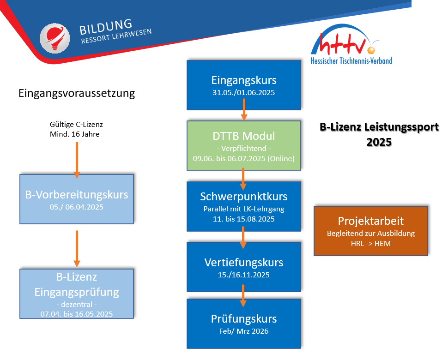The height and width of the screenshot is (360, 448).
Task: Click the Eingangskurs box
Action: click(x=243, y=85)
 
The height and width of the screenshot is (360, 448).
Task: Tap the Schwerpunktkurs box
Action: click(x=243, y=206)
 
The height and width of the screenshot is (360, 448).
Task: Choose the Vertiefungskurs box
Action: click(x=243, y=267)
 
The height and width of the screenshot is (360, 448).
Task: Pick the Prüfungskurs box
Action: click(x=243, y=324)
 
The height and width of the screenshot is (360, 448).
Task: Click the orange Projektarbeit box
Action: click(x=370, y=230)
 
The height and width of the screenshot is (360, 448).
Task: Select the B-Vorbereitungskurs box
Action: click(x=77, y=199)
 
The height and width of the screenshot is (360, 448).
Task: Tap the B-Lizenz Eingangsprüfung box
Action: click(x=77, y=294)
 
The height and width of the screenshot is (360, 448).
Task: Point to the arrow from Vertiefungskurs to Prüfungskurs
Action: click(x=243, y=295)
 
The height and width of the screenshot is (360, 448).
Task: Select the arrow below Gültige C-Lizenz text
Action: click(x=77, y=159)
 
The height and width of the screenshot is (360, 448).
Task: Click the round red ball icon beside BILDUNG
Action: click(x=54, y=38)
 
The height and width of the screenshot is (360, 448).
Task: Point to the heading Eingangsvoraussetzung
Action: click(x=77, y=93)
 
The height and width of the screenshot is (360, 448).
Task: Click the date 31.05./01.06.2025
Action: click(x=243, y=93)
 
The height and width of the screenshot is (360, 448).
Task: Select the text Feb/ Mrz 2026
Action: click(x=243, y=331)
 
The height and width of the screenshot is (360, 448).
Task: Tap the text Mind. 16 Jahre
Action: click(x=74, y=134)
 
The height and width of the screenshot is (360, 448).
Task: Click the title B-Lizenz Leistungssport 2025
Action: click(x=379, y=134)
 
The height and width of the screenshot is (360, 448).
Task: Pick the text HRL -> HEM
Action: click(x=370, y=243)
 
